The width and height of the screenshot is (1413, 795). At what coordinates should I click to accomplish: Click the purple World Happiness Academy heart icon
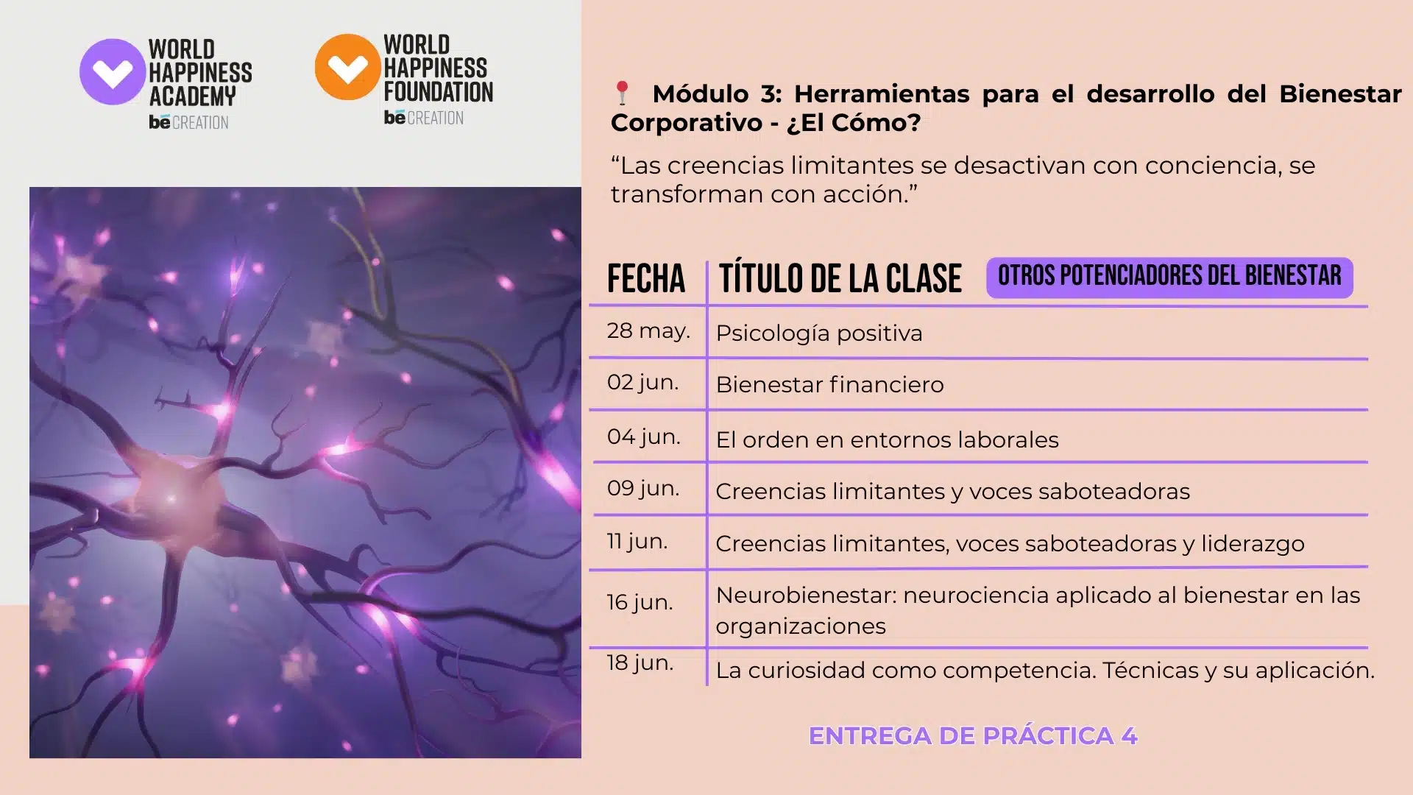point(113,71)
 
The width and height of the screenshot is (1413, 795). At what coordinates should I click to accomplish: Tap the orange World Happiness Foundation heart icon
point(348,67)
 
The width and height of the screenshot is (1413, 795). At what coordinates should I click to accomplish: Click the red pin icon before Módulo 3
point(622,93)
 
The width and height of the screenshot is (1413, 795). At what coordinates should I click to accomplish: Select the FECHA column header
point(646,278)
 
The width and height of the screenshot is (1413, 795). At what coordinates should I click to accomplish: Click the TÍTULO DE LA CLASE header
point(840,278)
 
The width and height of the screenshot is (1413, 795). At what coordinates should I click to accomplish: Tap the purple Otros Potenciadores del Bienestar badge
point(1169,277)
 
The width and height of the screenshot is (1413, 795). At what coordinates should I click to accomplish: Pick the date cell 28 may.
point(648,331)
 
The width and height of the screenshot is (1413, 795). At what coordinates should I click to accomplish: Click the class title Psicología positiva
point(819,333)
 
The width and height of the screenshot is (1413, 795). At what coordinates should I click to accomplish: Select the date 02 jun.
point(642,382)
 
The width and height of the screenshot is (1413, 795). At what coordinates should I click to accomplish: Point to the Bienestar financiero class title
point(829,384)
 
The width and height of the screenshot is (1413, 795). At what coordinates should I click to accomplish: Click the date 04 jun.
point(643,437)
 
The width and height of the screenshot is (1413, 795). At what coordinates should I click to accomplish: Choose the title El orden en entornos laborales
point(887,439)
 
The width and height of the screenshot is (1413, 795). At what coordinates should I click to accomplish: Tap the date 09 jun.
point(643,488)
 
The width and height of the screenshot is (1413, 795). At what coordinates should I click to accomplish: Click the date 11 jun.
point(637,541)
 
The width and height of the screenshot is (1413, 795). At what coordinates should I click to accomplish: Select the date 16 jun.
point(640,602)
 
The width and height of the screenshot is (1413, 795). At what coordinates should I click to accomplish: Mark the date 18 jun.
point(640,662)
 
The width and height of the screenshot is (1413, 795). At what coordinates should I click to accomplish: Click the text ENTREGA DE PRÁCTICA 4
point(973,735)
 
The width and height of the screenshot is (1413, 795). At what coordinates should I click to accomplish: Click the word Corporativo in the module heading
point(687,123)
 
